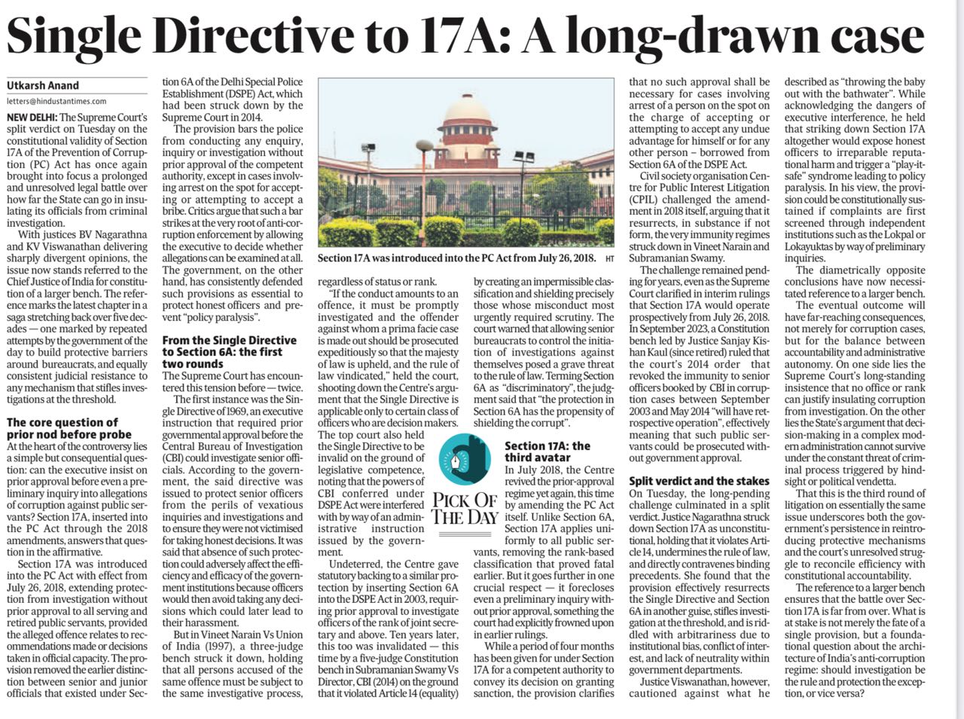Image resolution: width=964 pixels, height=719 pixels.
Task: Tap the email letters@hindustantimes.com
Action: click(56, 101)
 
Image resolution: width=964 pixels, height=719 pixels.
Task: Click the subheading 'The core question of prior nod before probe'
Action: click(63, 428)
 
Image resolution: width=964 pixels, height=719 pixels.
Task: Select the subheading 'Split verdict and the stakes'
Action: click(699, 481)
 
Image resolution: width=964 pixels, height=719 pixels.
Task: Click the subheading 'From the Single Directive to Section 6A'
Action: click(230, 352)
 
